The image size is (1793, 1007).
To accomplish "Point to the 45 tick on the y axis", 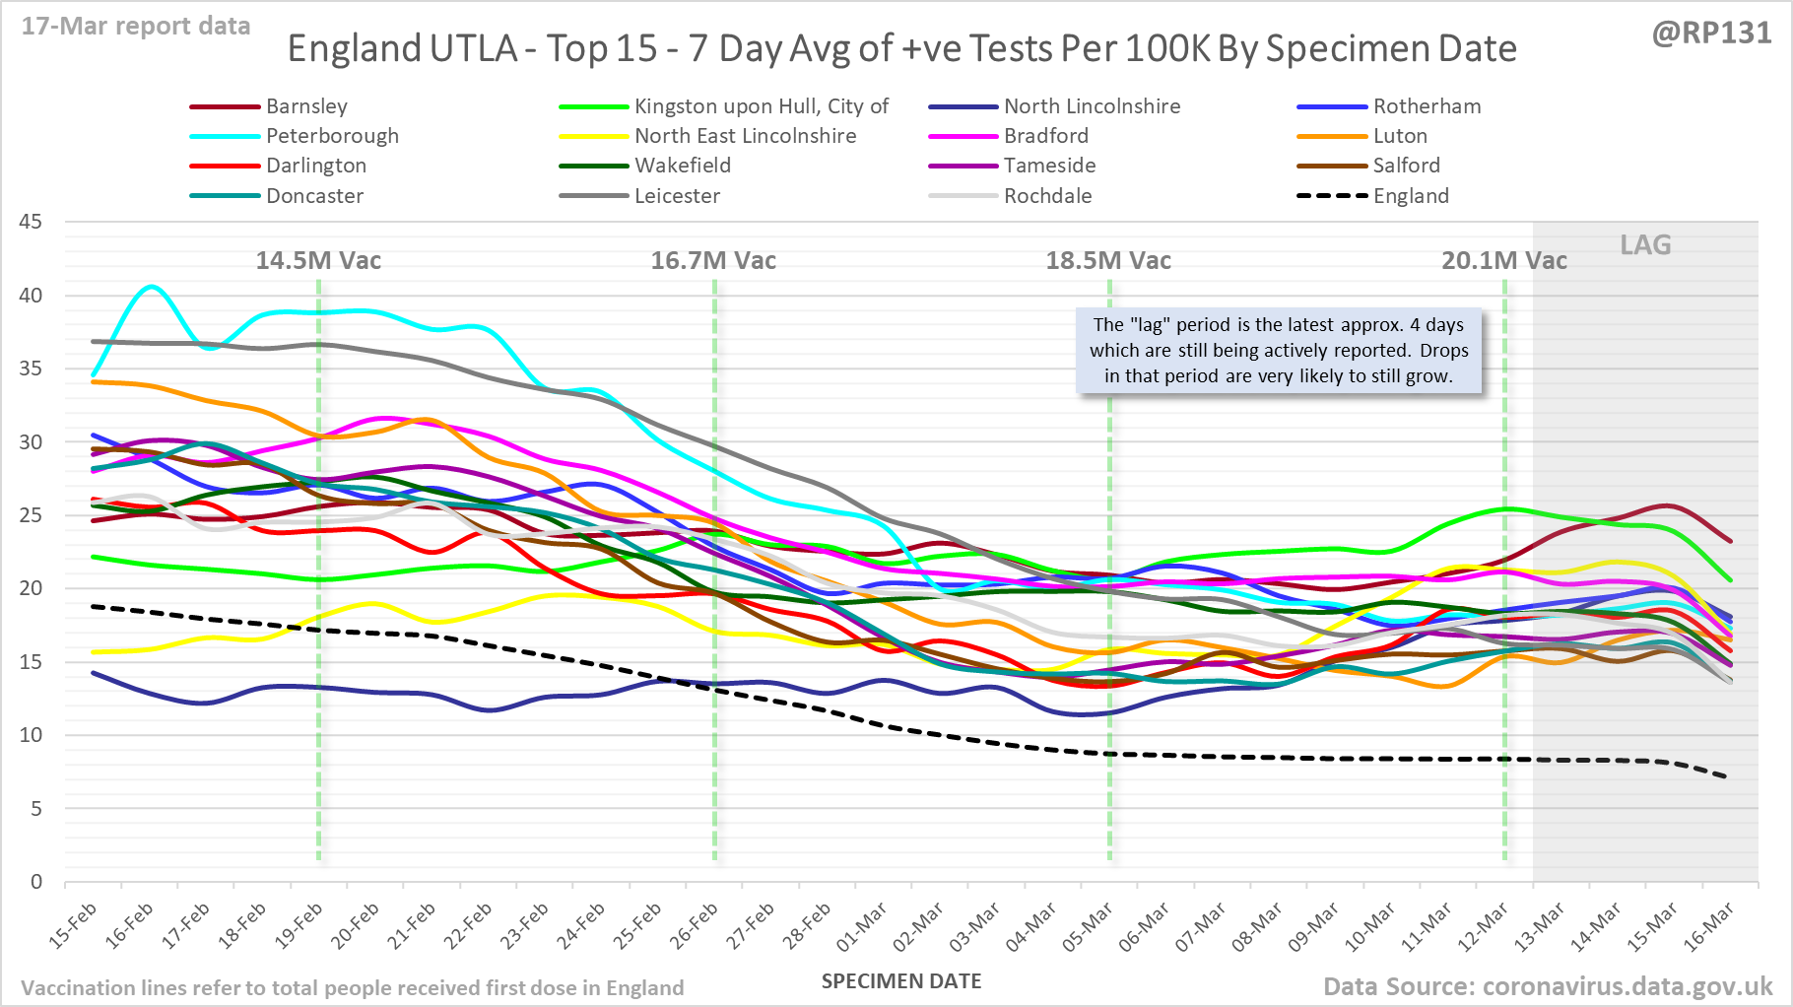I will coord(31,222).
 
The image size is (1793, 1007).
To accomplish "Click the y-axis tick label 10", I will coord(31,735).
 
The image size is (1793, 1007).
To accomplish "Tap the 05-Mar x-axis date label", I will coord(1088,927).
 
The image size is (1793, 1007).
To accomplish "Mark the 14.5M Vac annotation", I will coord(318,260).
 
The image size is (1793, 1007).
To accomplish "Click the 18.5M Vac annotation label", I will coord(1108,260).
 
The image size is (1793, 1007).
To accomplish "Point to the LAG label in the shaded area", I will coord(1645,244).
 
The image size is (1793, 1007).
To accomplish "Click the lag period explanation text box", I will coord(1279,351).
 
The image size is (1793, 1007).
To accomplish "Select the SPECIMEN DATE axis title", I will coord(901,981).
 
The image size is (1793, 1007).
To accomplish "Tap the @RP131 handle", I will coord(1711,33).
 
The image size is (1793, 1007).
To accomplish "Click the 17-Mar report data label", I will coord(136,27).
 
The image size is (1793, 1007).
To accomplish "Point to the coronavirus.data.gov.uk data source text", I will coord(1547,986).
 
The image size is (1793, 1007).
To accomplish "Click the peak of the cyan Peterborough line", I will coord(151,287).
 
